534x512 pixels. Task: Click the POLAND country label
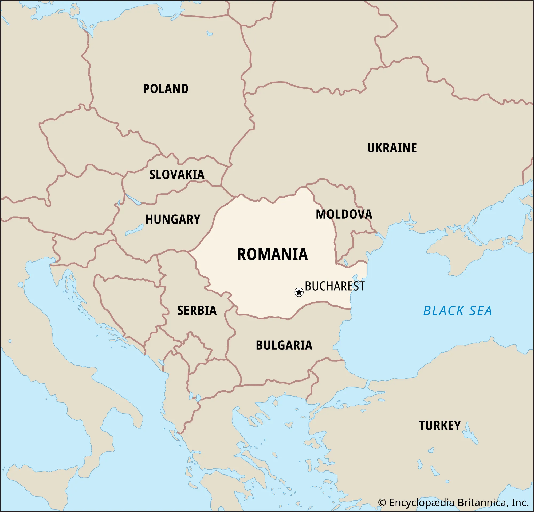(x=166, y=89)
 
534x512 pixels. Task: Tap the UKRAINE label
(x=392, y=148)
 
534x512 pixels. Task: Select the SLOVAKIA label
(x=177, y=175)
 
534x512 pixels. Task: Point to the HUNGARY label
(x=173, y=220)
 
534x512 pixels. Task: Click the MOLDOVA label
(x=344, y=214)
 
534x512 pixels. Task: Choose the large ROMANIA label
(x=272, y=254)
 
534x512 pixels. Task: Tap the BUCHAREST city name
(x=335, y=286)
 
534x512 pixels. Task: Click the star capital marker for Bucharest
(x=299, y=292)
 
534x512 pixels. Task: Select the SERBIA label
(x=197, y=310)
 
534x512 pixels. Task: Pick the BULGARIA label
(x=284, y=346)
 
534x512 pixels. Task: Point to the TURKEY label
(x=439, y=426)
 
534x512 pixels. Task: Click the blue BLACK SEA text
(x=457, y=311)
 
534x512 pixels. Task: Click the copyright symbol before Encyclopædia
(x=382, y=503)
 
